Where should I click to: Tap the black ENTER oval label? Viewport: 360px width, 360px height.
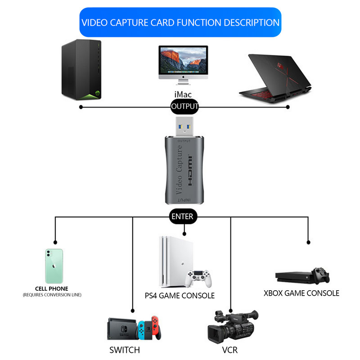(x=182, y=216)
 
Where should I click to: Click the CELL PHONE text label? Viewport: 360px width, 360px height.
(x=52, y=288)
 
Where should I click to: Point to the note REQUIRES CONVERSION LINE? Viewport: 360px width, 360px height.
(x=52, y=295)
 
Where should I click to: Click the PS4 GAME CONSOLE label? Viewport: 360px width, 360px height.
(x=180, y=296)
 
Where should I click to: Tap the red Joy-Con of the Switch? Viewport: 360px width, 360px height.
(x=155, y=328)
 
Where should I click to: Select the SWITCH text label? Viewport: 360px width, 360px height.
(x=125, y=350)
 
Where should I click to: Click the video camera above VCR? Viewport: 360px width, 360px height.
(x=232, y=326)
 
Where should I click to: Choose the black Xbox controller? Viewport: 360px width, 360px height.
(x=321, y=275)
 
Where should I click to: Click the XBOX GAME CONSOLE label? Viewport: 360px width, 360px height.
(x=301, y=293)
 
